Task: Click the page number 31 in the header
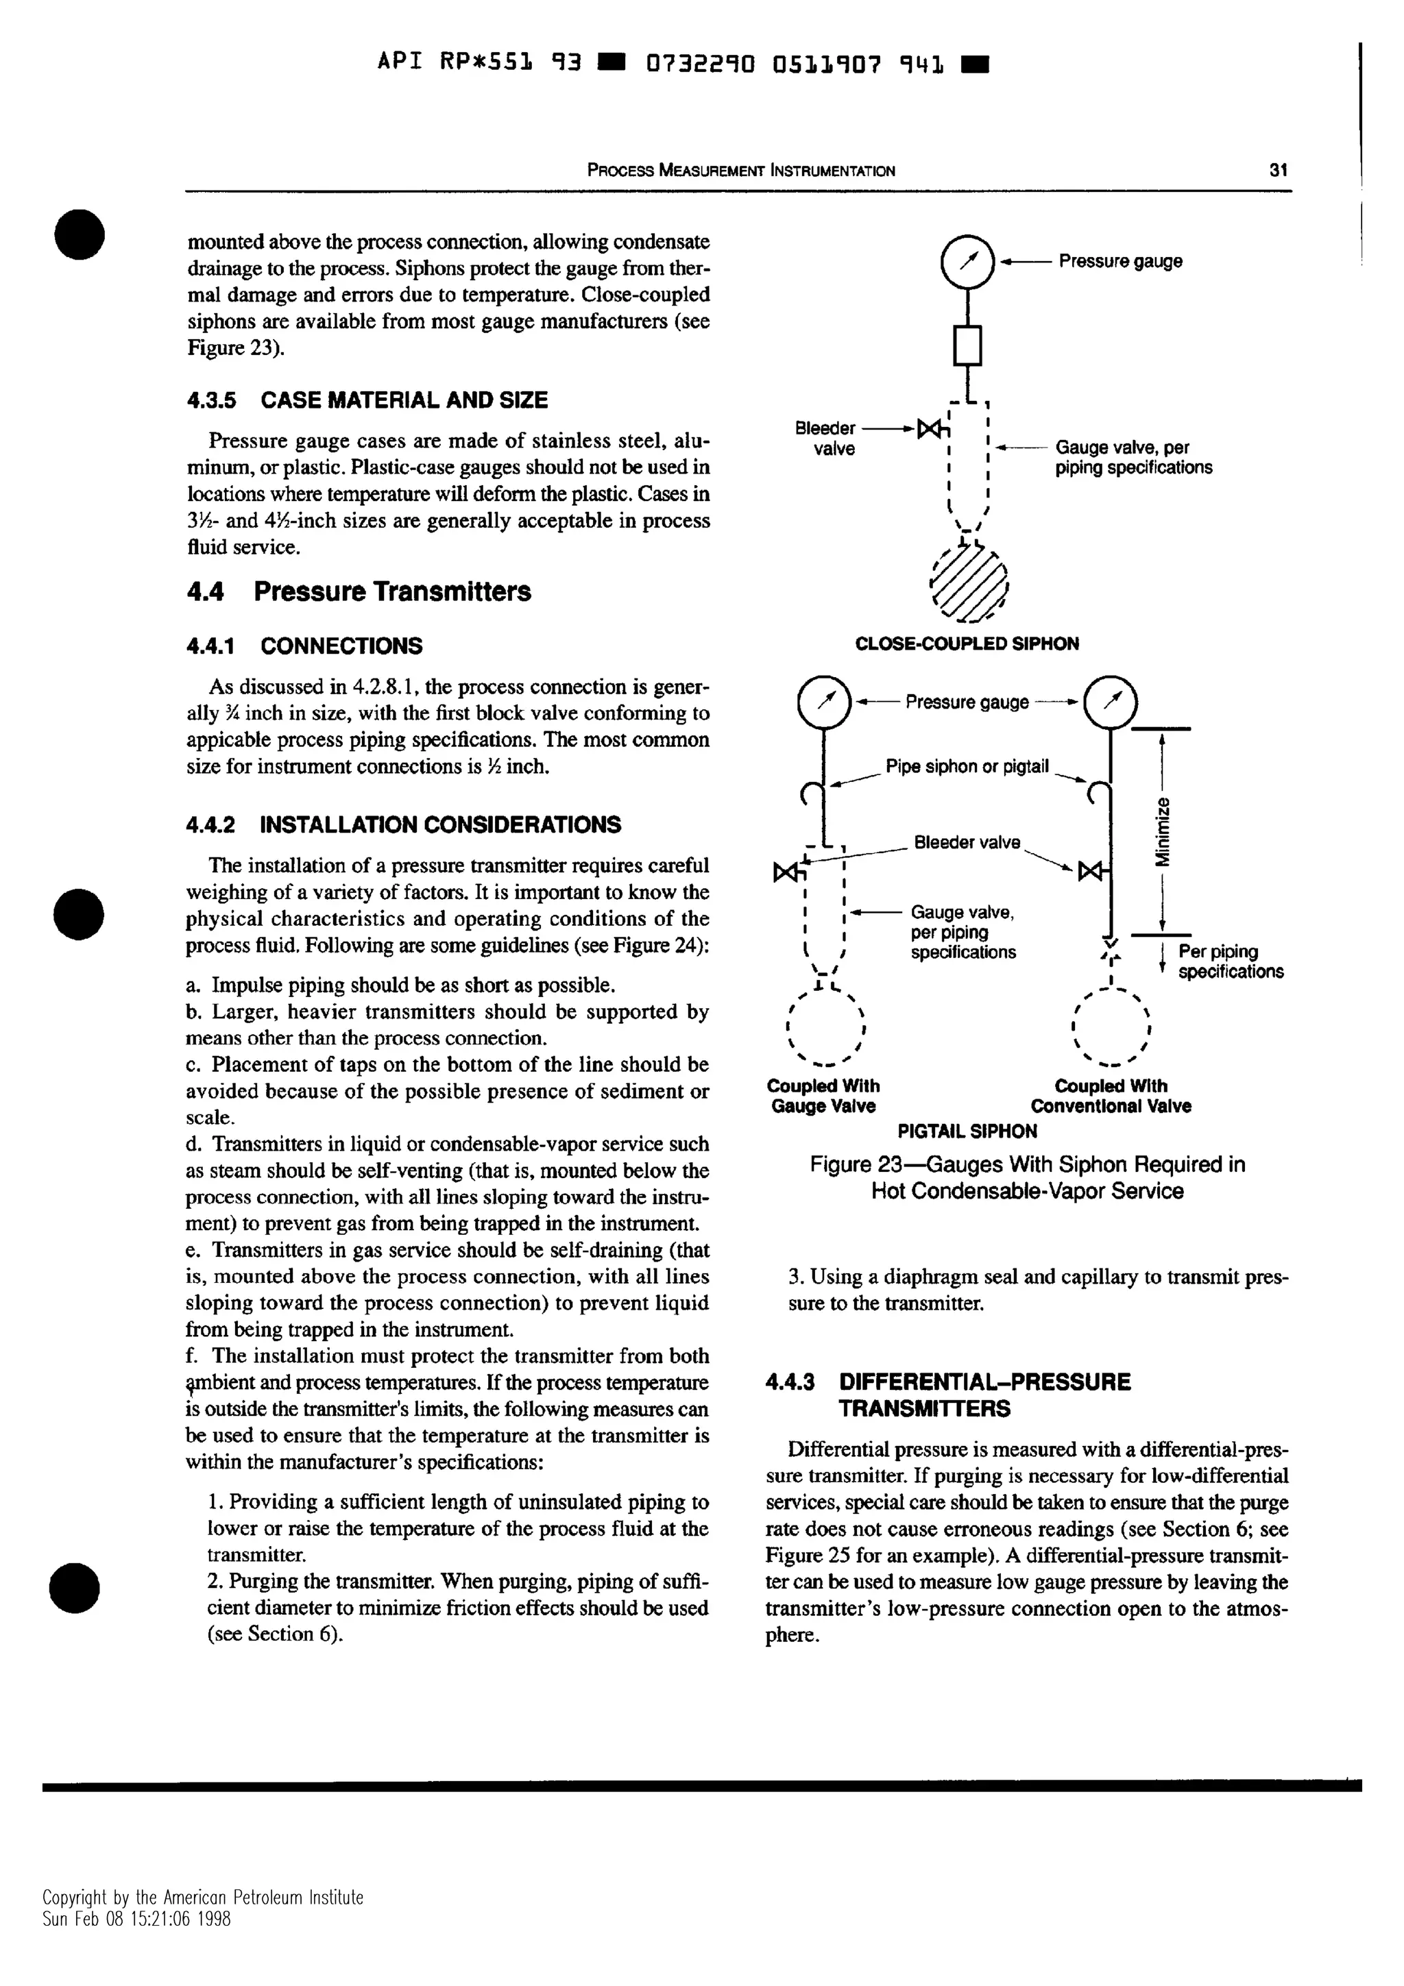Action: pyautogui.click(x=1279, y=171)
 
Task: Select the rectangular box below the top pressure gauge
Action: pyautogui.click(x=968, y=345)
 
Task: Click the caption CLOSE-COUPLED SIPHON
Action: pyautogui.click(x=966, y=643)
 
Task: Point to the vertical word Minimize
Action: pyautogui.click(x=1164, y=831)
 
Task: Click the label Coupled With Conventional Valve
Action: pyautogui.click(x=1111, y=1096)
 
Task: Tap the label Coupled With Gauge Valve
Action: pyautogui.click(x=823, y=1096)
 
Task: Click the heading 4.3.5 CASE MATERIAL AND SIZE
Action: pyautogui.click(x=367, y=400)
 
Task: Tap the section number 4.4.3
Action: pyautogui.click(x=790, y=1382)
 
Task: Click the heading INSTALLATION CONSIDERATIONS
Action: pyautogui.click(x=439, y=824)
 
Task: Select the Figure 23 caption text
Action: pyautogui.click(x=1027, y=1177)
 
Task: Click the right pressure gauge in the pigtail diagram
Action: pyautogui.click(x=1111, y=702)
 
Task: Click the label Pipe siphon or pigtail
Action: pyautogui.click(x=966, y=766)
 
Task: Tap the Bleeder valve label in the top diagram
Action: pyautogui.click(x=825, y=438)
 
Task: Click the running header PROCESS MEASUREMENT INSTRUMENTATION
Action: pyautogui.click(x=740, y=171)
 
